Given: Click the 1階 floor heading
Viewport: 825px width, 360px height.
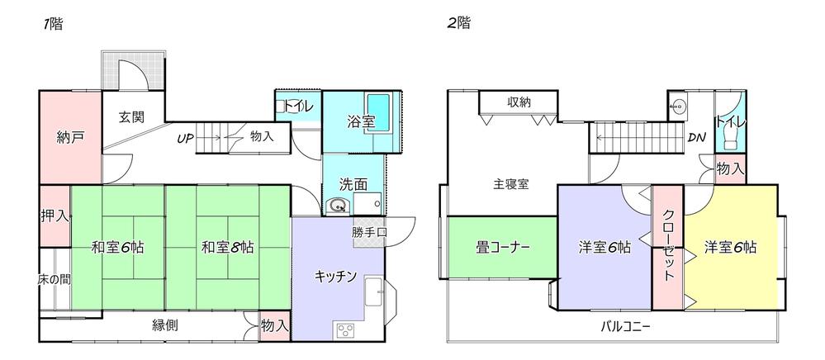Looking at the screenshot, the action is (x=53, y=24).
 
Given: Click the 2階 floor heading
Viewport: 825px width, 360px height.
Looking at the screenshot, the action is (x=458, y=24).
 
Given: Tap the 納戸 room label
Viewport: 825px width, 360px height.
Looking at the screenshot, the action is (x=70, y=136).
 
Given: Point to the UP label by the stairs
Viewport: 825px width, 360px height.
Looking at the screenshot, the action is (x=184, y=138).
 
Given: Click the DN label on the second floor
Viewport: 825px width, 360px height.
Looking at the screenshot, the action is (x=697, y=137).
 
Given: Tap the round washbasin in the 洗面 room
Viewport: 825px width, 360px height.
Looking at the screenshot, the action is (x=335, y=206).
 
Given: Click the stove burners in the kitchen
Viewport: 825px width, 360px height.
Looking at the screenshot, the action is (x=343, y=330).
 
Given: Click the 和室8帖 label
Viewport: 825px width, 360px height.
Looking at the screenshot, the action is (x=227, y=246).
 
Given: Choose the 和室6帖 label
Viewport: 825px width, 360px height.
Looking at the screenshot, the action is (x=118, y=246).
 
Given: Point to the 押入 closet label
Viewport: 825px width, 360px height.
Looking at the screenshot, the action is (x=55, y=216).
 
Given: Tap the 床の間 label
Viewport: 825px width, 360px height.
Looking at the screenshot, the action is (x=55, y=280).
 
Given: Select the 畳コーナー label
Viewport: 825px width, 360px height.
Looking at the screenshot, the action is (x=502, y=246).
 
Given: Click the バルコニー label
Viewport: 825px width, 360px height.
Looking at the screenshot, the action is (x=625, y=325).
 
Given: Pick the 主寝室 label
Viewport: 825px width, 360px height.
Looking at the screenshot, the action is (x=511, y=184).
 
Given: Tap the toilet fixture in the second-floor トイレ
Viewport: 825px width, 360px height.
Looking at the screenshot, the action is (x=731, y=137).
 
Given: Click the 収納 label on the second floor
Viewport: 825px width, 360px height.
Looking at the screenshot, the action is (x=519, y=102).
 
